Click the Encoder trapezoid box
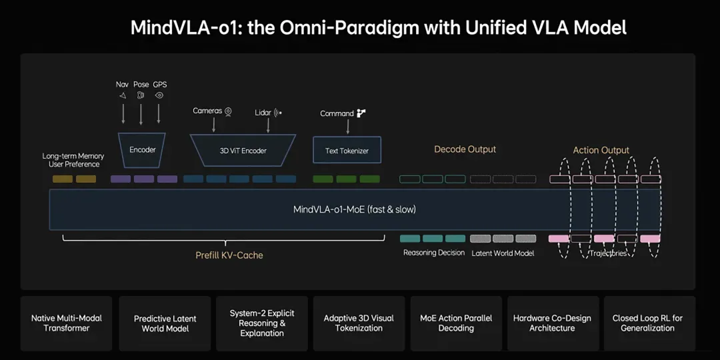click(x=143, y=150)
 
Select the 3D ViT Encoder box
click(x=243, y=150)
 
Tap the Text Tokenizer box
click(x=347, y=150)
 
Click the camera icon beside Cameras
click(x=228, y=111)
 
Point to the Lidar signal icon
click(x=278, y=112)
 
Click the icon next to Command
click(x=361, y=113)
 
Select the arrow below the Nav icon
click(x=123, y=113)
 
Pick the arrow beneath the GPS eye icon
click(x=159, y=113)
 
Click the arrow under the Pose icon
click(x=141, y=113)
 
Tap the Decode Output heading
click(x=465, y=149)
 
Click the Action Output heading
click(x=601, y=150)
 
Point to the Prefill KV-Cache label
click(x=229, y=255)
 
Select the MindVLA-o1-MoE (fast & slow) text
click(x=355, y=209)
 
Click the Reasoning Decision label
click(x=434, y=253)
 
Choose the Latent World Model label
click(x=503, y=253)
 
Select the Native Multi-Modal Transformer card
click(x=67, y=323)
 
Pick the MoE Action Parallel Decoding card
click(x=456, y=323)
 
